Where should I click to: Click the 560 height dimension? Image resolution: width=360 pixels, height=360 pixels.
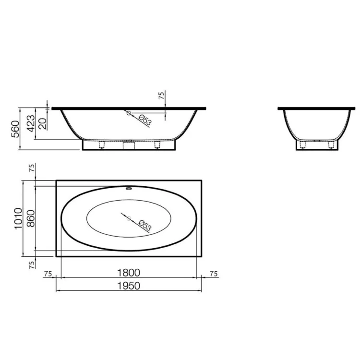pos(16,129)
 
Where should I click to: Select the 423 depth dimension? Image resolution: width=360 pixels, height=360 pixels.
pos(31,123)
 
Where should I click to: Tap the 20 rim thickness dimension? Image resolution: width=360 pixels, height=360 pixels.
pos(43,123)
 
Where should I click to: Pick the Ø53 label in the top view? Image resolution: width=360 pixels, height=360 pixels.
pos(145,226)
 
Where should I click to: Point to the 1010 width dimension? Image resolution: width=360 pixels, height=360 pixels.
pos(18,218)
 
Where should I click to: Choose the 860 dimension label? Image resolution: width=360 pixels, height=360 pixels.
pos(31,218)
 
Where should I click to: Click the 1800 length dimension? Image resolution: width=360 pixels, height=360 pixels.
pos(129,273)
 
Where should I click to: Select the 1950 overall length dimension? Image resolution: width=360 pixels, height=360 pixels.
pos(129,286)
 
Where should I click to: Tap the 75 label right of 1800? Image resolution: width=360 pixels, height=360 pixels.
pos(214,274)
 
